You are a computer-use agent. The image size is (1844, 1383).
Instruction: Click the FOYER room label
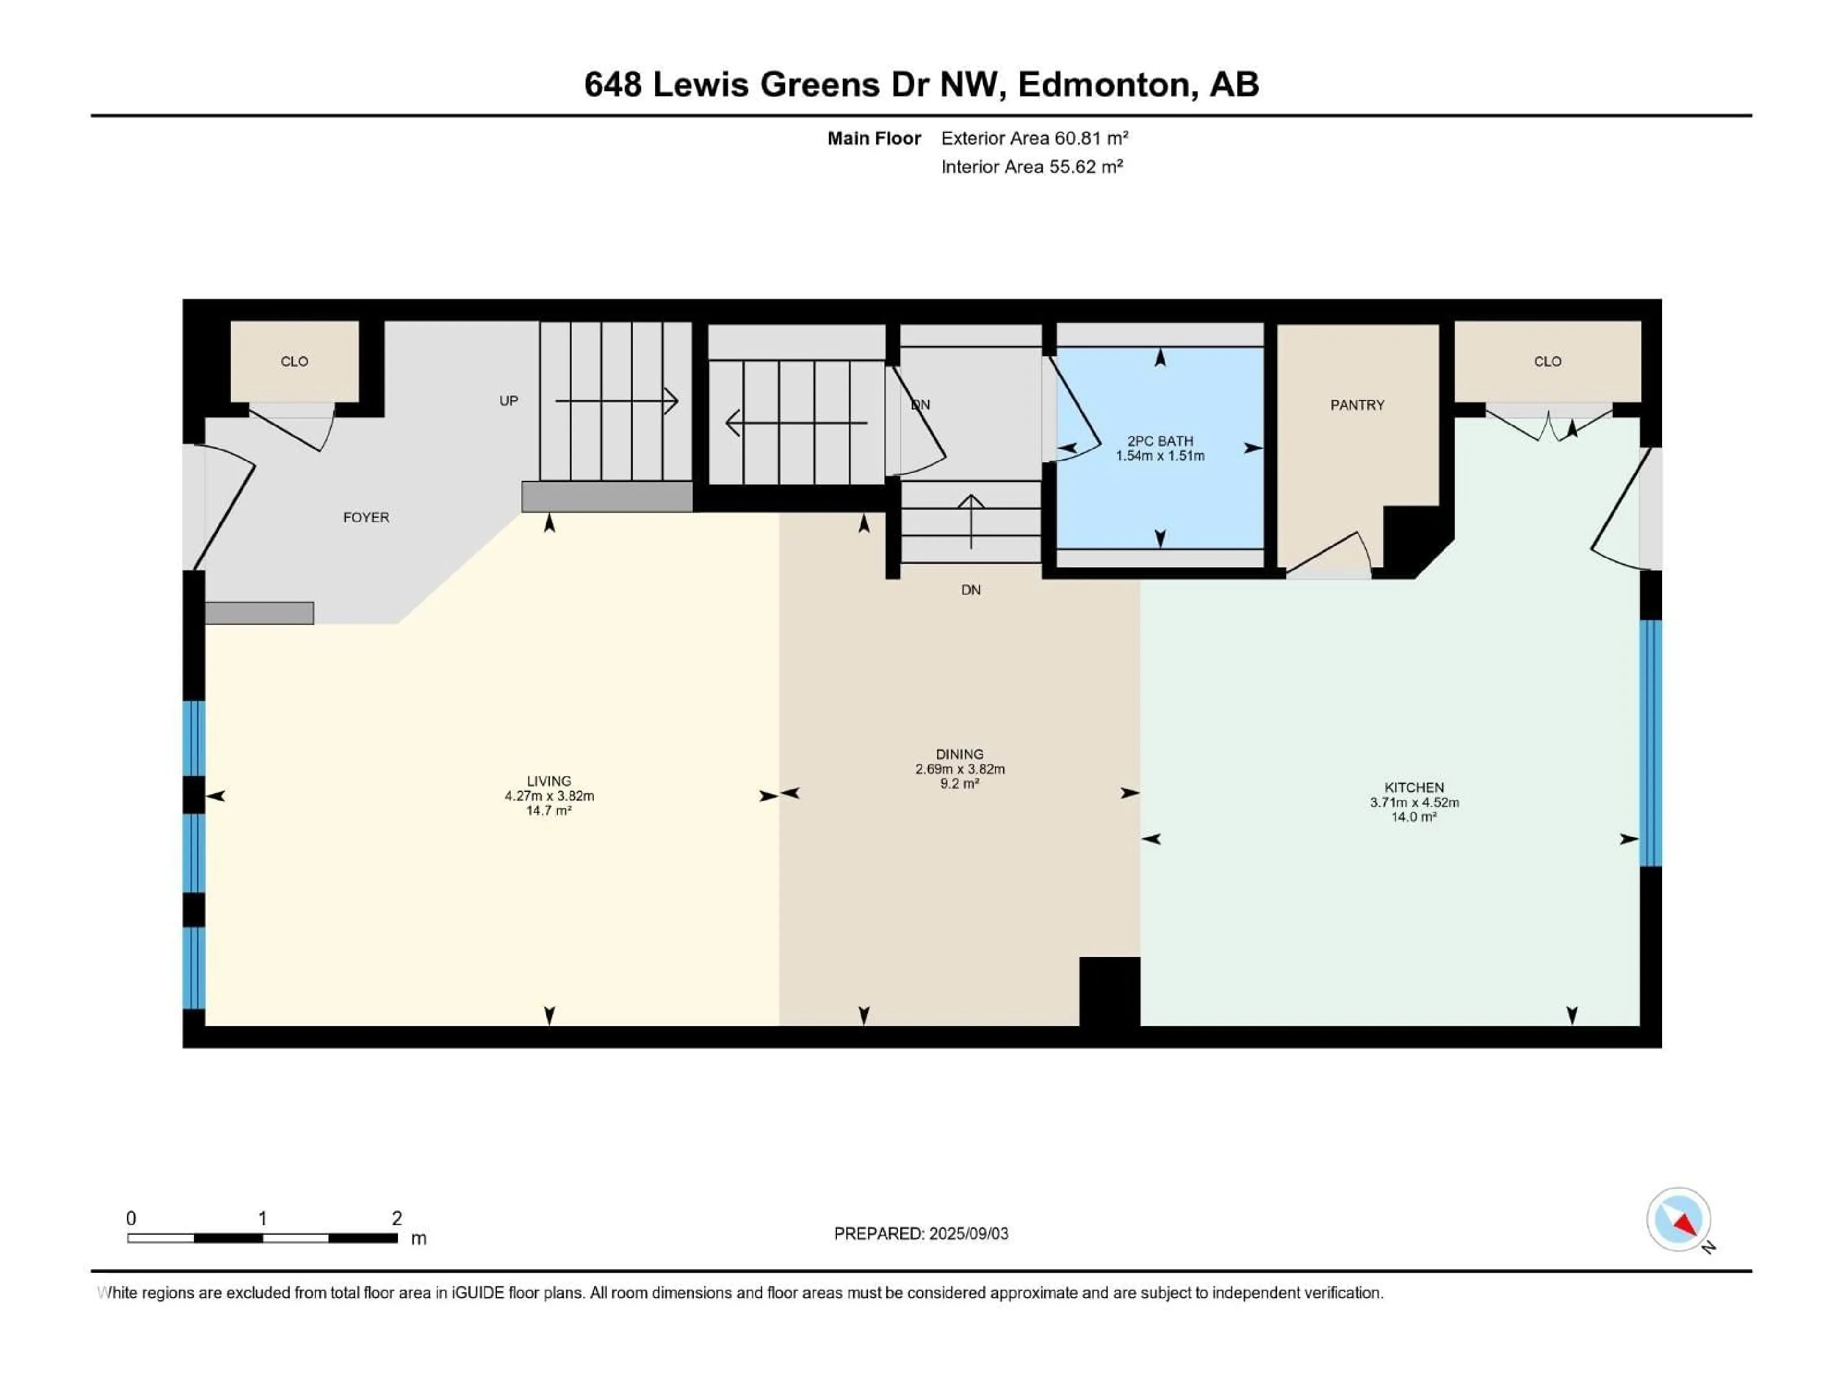(366, 518)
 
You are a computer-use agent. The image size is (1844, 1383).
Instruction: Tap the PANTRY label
(1357, 405)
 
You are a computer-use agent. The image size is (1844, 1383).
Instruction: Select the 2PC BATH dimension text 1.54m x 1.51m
(1160, 456)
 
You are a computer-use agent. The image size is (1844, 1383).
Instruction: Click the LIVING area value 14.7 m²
(548, 810)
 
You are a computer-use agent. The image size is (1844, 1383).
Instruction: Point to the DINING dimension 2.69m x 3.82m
(959, 769)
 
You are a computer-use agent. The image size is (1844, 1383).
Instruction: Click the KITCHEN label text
(1414, 787)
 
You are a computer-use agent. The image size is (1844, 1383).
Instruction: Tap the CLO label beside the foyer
(294, 362)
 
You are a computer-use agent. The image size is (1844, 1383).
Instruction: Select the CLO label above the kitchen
(1547, 362)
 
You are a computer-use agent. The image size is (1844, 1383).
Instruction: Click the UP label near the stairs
(509, 401)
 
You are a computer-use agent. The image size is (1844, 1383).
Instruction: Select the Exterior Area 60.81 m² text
(1034, 138)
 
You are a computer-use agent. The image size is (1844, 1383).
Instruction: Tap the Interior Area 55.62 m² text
(1031, 167)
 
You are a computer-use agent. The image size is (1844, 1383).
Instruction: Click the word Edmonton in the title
(1103, 84)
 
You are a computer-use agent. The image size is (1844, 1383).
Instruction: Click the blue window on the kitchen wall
(1650, 743)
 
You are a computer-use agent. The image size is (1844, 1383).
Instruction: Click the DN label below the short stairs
(971, 590)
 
